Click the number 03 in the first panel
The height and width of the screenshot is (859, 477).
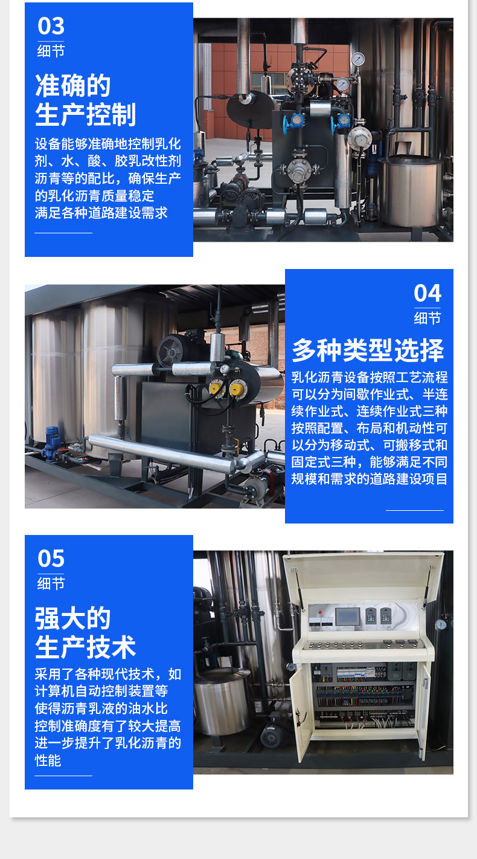point(51,27)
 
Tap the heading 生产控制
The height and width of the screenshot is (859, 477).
point(86,115)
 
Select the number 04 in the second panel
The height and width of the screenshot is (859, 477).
point(427,293)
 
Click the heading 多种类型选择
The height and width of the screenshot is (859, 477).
point(368,350)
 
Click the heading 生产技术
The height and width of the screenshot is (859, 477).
point(86,647)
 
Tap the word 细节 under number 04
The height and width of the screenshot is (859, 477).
point(427,318)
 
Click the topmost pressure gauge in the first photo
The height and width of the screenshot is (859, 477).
point(358,59)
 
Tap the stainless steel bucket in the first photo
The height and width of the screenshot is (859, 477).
point(411,190)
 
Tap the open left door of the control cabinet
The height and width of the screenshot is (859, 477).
point(300,710)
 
